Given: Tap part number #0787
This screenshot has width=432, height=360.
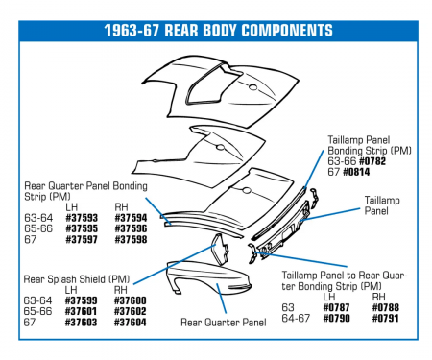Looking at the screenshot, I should point(335,306).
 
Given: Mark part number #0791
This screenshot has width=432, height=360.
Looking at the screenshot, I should point(384,317).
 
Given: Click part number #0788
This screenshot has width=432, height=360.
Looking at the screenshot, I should point(384,306).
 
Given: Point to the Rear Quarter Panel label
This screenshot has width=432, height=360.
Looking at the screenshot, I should point(222,322).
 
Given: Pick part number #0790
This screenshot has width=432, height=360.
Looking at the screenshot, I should point(335,317).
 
